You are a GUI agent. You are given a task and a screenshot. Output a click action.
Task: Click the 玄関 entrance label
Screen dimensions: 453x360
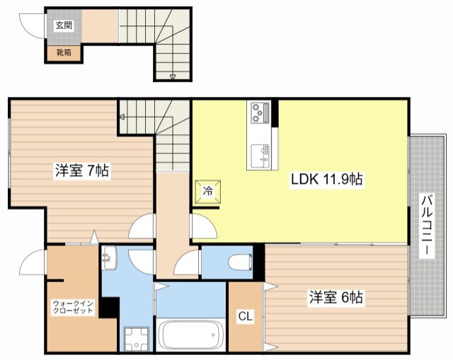tap(64, 25)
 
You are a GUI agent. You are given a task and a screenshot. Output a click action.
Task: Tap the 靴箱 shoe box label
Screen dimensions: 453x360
tap(64, 52)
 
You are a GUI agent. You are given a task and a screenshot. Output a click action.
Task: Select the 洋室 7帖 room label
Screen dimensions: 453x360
tap(82, 170)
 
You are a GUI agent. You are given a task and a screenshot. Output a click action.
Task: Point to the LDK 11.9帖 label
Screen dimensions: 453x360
tap(327, 179)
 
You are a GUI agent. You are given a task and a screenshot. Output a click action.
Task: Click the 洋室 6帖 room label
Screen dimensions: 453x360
tap(336, 297)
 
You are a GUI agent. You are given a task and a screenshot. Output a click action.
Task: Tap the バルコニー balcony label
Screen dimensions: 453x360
tap(427, 226)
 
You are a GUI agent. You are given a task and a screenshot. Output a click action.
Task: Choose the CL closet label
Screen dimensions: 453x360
tap(246, 316)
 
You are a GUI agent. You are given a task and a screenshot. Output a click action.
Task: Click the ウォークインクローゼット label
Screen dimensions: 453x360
tap(73, 307)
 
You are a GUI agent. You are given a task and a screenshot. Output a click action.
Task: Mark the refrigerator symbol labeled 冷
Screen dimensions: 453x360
tap(207, 191)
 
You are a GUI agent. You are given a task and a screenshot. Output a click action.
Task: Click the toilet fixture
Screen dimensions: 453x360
tap(240, 262)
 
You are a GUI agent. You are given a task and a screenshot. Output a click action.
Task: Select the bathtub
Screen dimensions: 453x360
tap(190, 335)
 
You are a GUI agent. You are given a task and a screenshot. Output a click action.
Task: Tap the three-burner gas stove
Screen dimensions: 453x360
tap(259, 112)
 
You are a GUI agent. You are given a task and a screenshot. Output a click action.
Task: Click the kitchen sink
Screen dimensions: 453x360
tap(260, 156)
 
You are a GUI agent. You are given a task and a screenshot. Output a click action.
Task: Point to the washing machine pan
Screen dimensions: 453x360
tap(137, 339)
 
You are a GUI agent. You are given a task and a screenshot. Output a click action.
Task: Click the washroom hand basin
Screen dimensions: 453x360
tap(110, 257)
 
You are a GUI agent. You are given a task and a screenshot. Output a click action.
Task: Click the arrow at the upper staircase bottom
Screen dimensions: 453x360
tap(173, 77)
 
